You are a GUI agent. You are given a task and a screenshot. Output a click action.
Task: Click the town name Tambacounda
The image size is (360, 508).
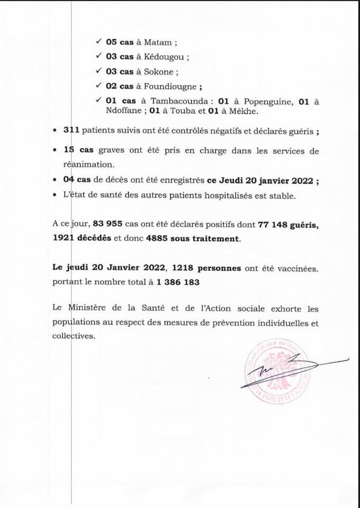(177, 102)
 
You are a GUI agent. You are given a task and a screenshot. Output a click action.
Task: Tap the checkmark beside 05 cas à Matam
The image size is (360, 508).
(98, 42)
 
